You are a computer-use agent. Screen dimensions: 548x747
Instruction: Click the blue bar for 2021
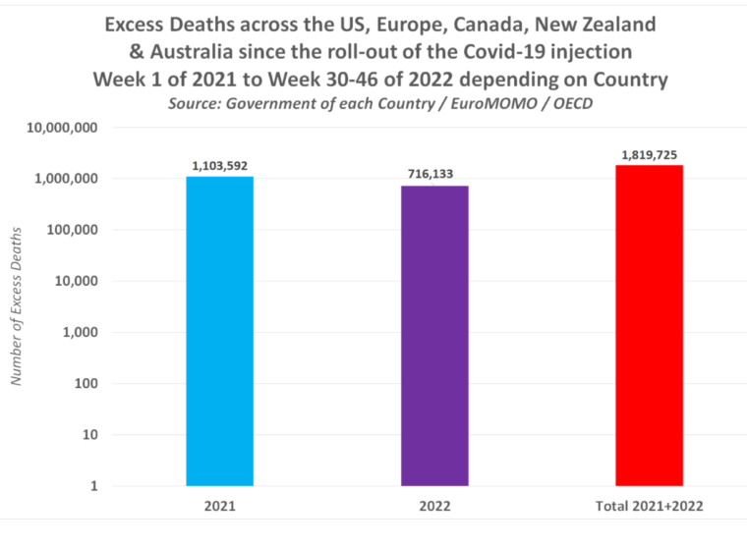click(x=219, y=331)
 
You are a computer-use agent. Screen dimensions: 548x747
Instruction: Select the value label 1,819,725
click(x=649, y=155)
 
